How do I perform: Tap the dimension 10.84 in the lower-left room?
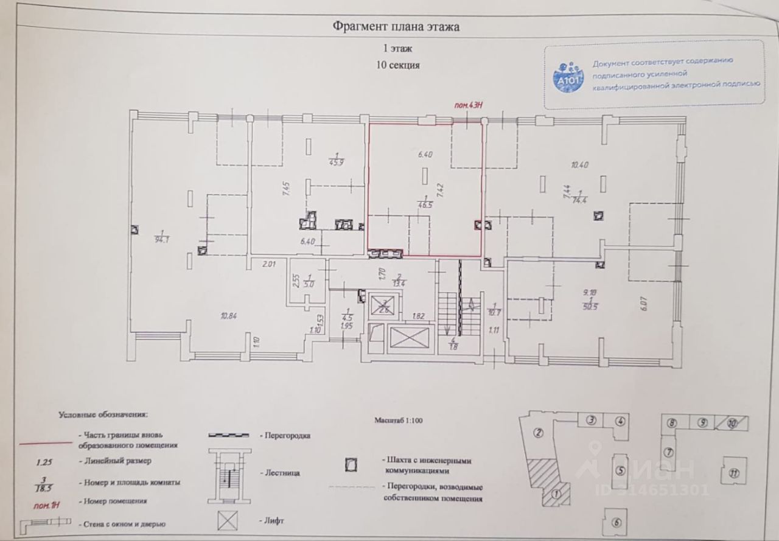229,315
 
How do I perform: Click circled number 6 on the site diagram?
617,522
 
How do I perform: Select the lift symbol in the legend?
230,522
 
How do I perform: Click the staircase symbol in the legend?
228,471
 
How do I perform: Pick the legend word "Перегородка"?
287,436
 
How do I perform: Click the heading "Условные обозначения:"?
103,415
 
